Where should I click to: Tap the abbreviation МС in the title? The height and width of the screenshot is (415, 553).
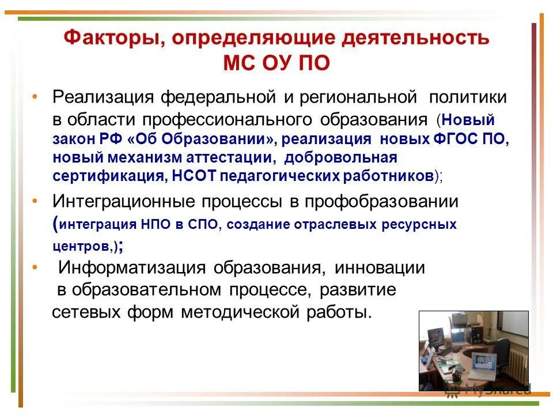pos(238,62)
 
